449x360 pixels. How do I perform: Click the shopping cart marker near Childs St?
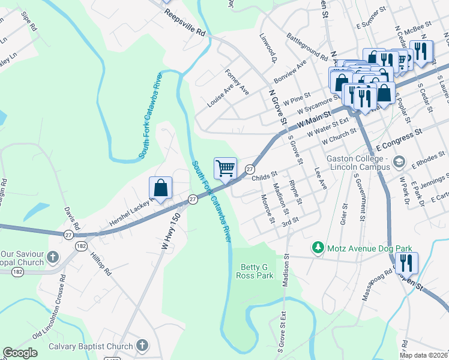225,168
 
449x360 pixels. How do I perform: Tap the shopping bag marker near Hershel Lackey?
161,188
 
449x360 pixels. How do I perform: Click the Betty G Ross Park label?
257,271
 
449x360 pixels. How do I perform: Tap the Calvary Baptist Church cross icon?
142,346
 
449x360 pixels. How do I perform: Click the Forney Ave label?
237,81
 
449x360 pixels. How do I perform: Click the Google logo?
20,353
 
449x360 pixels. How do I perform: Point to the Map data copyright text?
424,355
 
